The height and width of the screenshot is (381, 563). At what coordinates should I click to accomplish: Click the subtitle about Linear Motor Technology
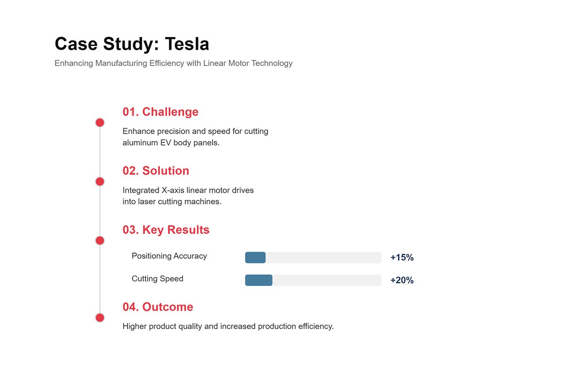click(x=173, y=63)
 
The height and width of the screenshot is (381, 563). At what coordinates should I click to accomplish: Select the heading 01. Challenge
click(x=160, y=112)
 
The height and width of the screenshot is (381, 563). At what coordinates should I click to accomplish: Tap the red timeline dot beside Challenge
click(x=99, y=123)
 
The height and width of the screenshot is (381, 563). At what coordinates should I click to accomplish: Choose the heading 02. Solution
click(x=156, y=171)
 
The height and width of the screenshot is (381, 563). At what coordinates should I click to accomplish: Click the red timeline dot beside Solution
click(x=99, y=181)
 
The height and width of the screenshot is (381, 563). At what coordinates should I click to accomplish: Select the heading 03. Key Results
click(x=166, y=230)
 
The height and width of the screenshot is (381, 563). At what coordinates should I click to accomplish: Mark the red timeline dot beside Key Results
click(x=99, y=240)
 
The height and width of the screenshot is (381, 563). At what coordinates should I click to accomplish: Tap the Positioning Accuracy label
click(x=169, y=256)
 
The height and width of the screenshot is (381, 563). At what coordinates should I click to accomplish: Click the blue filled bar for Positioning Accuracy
click(x=255, y=257)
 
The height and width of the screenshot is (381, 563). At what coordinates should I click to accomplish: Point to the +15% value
click(x=402, y=257)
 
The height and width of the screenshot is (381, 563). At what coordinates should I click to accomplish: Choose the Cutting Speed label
click(x=157, y=279)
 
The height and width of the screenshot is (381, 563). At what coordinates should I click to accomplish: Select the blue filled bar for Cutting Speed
click(x=259, y=280)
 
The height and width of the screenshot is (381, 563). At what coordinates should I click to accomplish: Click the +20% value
click(x=402, y=280)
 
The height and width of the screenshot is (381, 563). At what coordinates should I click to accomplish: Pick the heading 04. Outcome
click(x=158, y=307)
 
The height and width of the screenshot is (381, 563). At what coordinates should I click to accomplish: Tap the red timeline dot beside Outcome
click(x=99, y=318)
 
